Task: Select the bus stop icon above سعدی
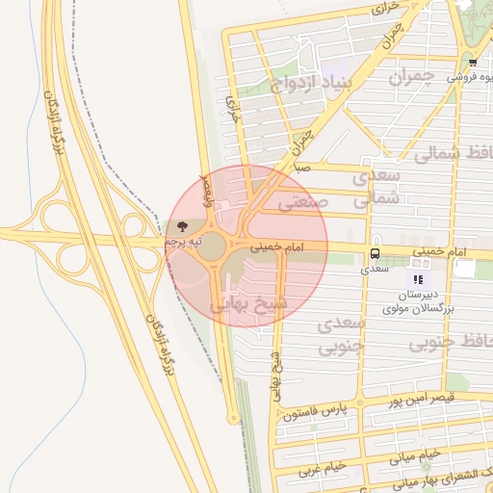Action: pyautogui.click(x=374, y=254)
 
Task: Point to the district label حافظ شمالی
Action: pyautogui.click(x=452, y=153)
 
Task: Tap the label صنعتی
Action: pyautogui.click(x=303, y=203)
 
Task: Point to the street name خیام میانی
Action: pyautogui.click(x=416, y=454)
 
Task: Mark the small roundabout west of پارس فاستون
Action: pyautogui.click(x=232, y=418)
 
